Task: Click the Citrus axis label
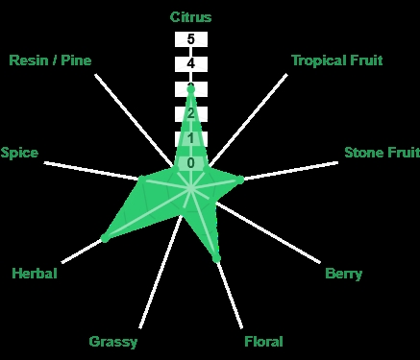tap(190, 17)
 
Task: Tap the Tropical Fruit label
tap(337, 60)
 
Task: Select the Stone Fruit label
tap(382, 153)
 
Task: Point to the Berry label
tap(344, 274)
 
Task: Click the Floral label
tap(263, 342)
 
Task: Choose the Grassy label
tap(113, 342)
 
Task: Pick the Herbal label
tap(35, 274)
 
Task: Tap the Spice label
tap(19, 153)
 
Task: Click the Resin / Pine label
tap(50, 60)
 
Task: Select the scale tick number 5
tap(191, 39)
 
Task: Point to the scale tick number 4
tap(191, 64)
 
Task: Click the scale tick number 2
tap(191, 113)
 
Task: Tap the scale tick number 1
tap(191, 138)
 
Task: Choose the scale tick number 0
tap(191, 163)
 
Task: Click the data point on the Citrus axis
tap(191, 89)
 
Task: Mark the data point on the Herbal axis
tap(105, 238)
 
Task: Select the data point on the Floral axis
tap(216, 258)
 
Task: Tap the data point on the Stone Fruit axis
tap(240, 180)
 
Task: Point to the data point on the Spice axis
tap(141, 179)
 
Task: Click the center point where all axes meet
tap(191, 188)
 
